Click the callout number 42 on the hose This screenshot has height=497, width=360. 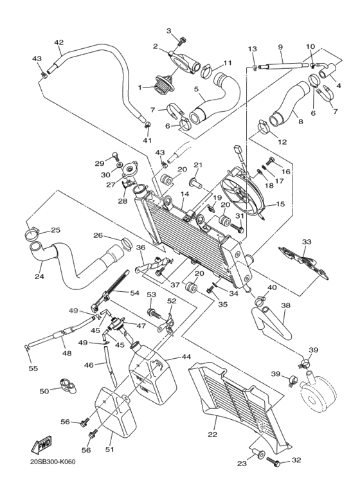tap(59, 42)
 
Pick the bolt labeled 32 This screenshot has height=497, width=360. tap(277, 461)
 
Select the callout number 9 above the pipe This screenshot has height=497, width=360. tap(280, 47)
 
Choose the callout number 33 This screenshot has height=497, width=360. tap(307, 242)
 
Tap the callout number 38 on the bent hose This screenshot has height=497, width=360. tap(285, 306)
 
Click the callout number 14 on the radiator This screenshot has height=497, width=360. tap(184, 194)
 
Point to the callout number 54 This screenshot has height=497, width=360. tap(134, 293)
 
